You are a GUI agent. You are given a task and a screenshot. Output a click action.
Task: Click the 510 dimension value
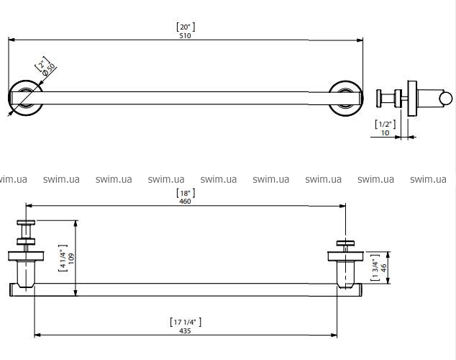[185, 35]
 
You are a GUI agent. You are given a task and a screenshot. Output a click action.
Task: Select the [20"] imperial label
[186, 27]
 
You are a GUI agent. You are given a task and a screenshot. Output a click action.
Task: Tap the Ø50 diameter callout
[49, 70]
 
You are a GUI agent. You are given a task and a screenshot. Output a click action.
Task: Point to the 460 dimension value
[185, 202]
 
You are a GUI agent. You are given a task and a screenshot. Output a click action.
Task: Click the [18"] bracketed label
[186, 193]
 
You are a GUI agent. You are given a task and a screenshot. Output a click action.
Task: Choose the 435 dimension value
[185, 331]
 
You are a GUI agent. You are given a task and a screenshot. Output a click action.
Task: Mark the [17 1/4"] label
[186, 322]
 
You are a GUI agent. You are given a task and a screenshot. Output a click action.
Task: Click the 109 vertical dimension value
[71, 258]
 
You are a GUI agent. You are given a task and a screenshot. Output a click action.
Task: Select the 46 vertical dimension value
[383, 267]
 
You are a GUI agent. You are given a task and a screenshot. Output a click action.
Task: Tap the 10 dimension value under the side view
[385, 132]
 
